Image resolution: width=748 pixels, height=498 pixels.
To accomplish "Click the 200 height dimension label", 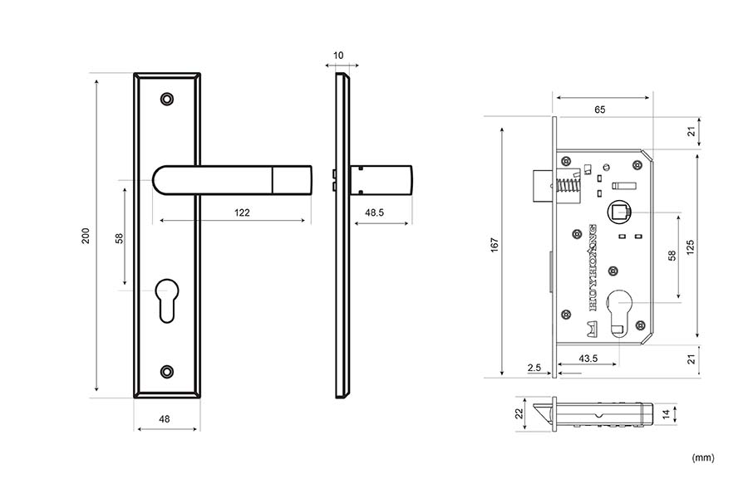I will click(85, 237).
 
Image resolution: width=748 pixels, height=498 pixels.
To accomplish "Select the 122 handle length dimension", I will click(241, 212).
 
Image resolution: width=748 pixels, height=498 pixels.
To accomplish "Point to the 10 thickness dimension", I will click(338, 56).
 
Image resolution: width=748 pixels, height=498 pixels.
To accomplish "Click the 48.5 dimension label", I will click(375, 212).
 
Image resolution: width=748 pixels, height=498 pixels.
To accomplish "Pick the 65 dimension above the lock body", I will click(600, 109).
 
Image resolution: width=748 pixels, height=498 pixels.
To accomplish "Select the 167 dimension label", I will click(495, 245).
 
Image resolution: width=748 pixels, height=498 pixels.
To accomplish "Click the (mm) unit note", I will click(702, 457).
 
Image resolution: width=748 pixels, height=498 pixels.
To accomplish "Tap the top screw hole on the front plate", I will click(168, 99).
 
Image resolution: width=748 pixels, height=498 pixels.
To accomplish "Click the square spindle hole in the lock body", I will click(618, 212).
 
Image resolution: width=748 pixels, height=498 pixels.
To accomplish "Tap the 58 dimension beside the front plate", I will click(119, 237).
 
